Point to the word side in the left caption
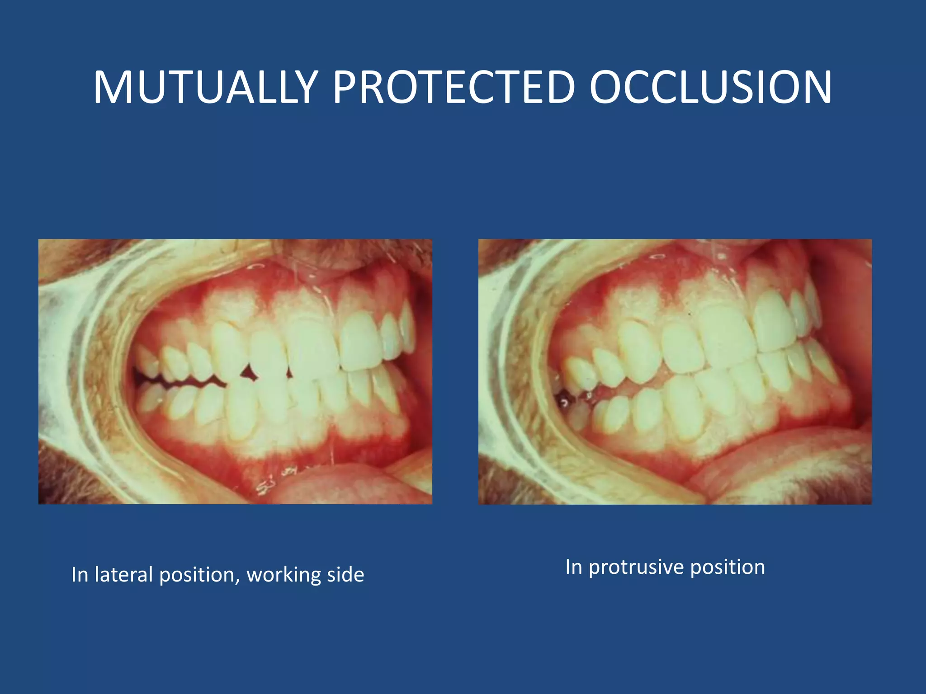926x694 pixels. coord(345,575)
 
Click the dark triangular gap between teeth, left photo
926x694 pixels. coord(248,373)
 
